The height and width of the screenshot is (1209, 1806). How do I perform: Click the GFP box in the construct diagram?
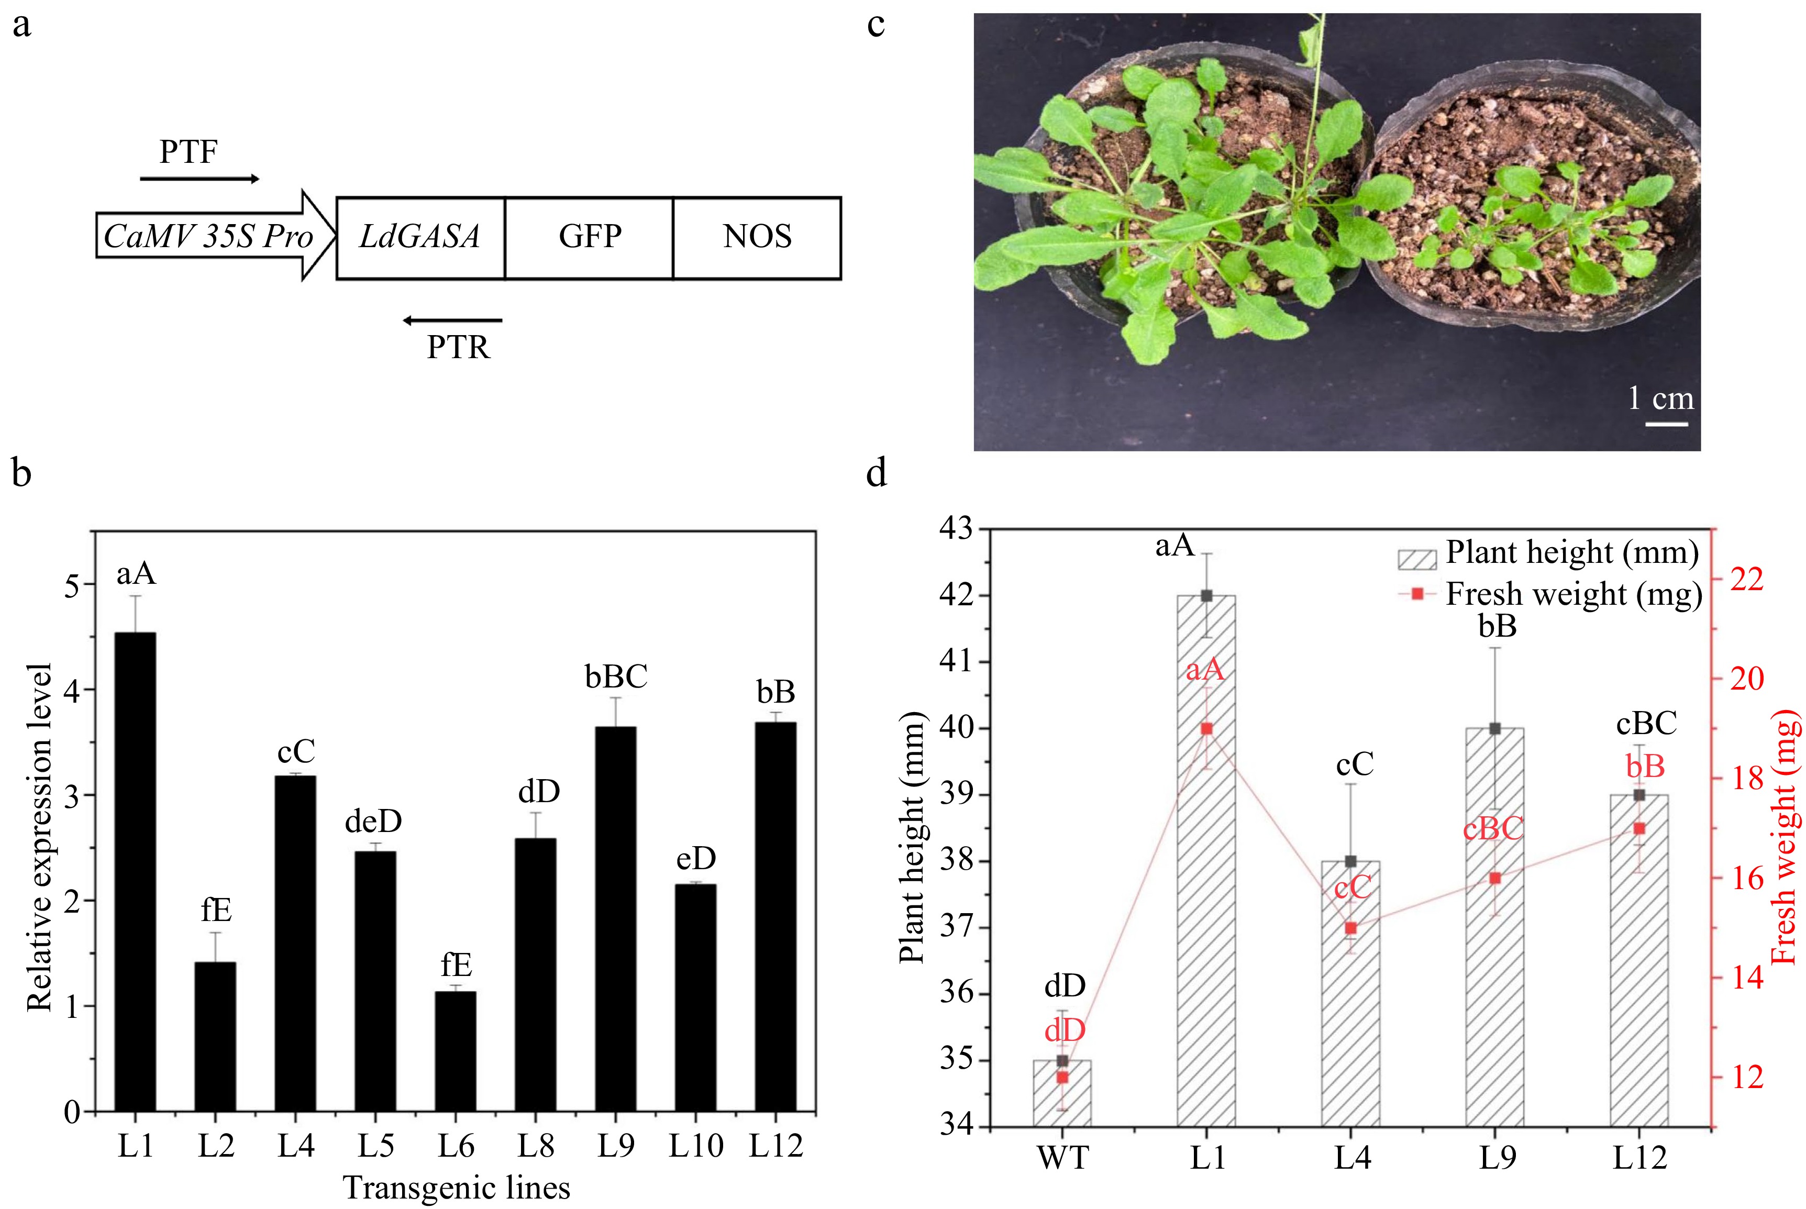[x=589, y=237]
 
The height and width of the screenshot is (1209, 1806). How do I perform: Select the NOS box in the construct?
[x=757, y=237]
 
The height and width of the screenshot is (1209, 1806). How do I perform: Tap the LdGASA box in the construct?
[x=420, y=237]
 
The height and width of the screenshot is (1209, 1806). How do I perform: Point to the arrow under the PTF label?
[x=200, y=179]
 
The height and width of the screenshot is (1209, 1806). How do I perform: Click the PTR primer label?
[x=458, y=348]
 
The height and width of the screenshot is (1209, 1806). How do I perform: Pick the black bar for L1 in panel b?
[x=135, y=871]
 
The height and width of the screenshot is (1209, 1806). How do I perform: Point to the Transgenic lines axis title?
[x=457, y=1188]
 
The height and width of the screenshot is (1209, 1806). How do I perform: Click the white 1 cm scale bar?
[x=1667, y=423]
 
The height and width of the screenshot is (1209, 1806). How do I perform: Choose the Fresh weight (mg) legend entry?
[x=1550, y=594]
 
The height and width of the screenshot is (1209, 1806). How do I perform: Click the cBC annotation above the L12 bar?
[x=1646, y=723]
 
